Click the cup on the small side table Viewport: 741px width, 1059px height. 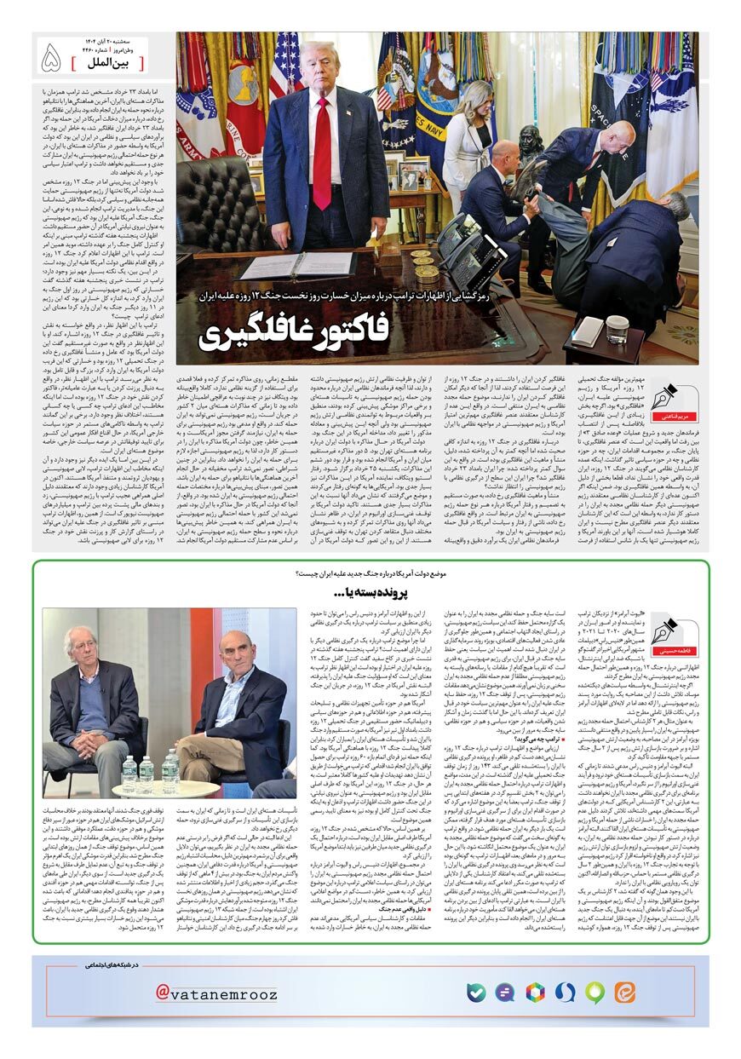pyautogui.click(x=618, y=329)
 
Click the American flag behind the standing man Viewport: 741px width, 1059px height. pyautogui.click(x=284, y=69)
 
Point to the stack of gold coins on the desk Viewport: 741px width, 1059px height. pyautogui.click(x=422, y=267)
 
